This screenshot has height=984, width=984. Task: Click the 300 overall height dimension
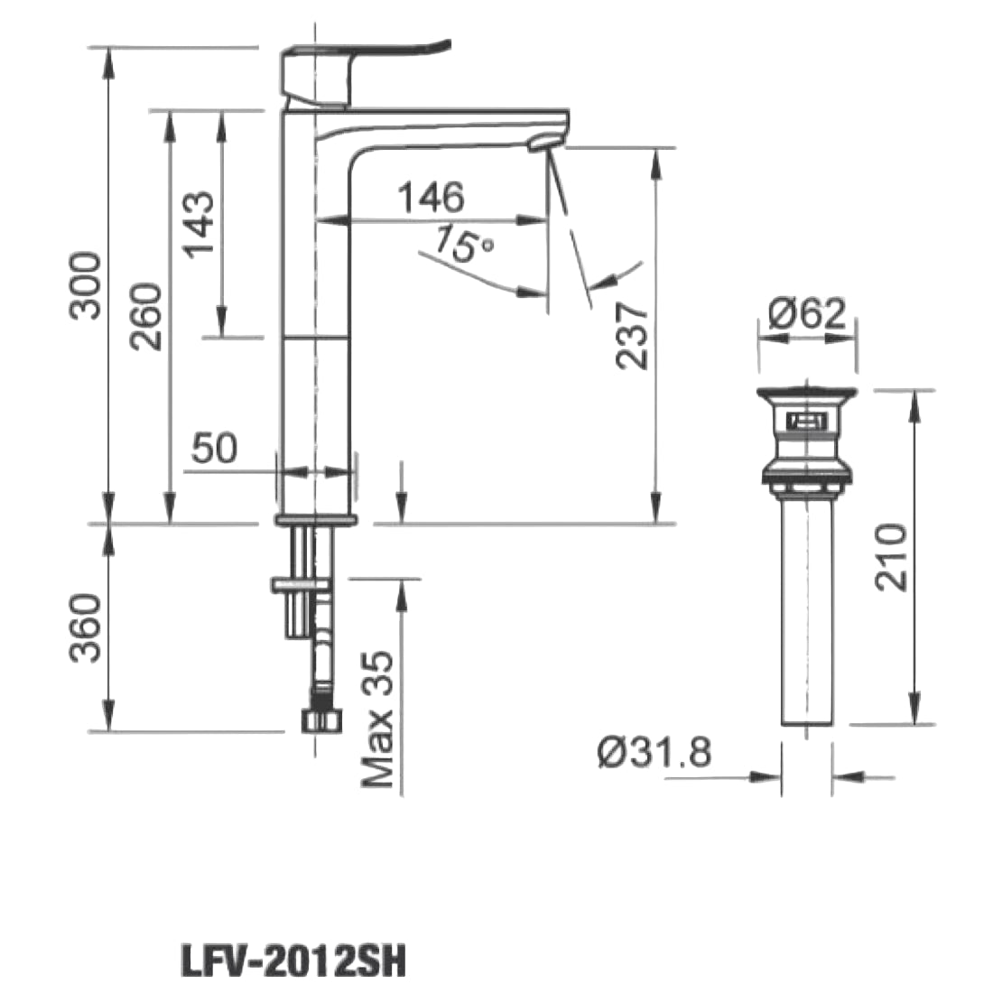[87, 285]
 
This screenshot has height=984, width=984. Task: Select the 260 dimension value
[146, 316]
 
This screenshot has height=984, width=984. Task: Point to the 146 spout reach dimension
[432, 197]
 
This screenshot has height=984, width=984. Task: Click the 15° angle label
[463, 245]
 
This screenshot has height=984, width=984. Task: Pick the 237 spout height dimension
[633, 335]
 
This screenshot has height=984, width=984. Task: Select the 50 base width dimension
[214, 448]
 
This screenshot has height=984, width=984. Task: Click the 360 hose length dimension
[87, 627]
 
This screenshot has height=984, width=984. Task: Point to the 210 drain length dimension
[892, 556]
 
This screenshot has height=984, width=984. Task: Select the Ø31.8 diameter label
[654, 751]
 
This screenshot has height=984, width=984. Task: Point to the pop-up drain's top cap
[806, 394]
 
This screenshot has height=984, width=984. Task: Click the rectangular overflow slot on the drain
[804, 421]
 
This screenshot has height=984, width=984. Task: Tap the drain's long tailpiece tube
[806, 614]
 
